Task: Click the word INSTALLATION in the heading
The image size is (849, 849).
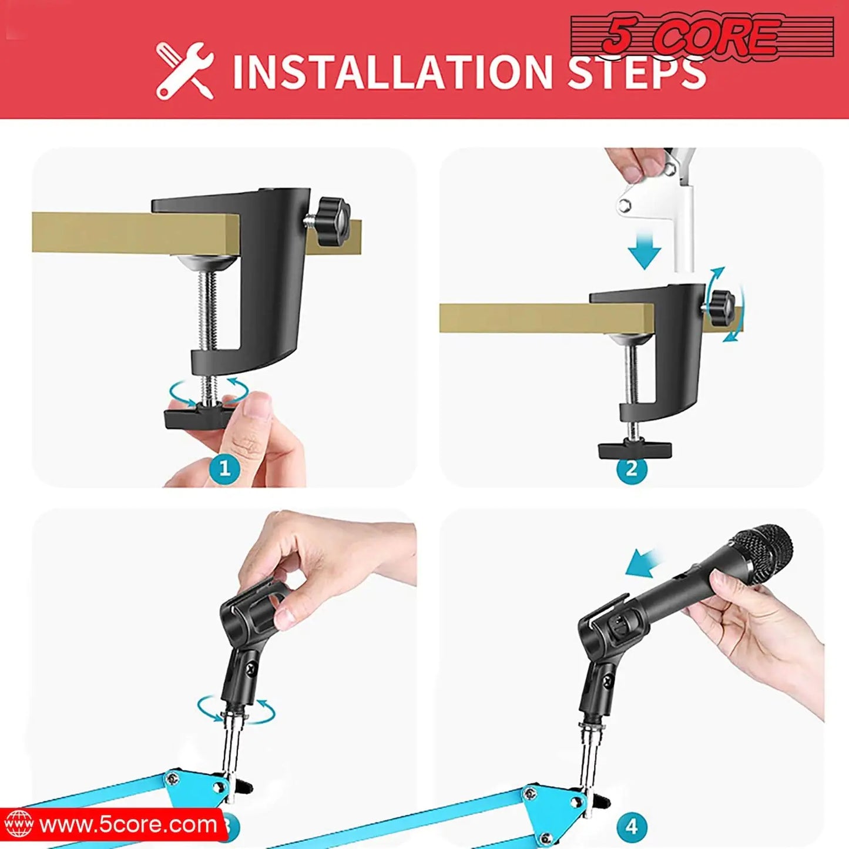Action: [x=392, y=72]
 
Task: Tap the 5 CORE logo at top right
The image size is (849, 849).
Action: [x=702, y=36]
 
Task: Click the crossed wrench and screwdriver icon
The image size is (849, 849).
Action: [x=184, y=71]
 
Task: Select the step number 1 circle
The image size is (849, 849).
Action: [x=224, y=468]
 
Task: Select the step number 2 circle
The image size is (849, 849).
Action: [x=632, y=468]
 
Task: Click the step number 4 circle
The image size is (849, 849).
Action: [x=632, y=826]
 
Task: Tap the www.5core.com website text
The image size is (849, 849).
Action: [x=128, y=824]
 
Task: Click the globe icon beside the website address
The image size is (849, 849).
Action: [x=19, y=824]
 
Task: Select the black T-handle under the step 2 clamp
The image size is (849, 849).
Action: [x=635, y=449]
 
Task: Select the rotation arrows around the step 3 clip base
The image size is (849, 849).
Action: [x=236, y=709]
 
